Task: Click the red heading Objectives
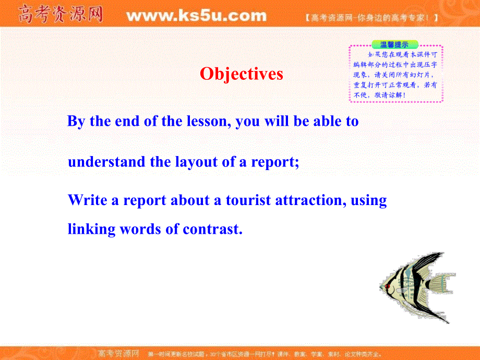click(x=241, y=74)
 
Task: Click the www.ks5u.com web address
click(x=196, y=16)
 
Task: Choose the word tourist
click(x=247, y=200)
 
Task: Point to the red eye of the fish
click(x=387, y=286)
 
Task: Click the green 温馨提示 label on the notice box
click(x=387, y=45)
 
